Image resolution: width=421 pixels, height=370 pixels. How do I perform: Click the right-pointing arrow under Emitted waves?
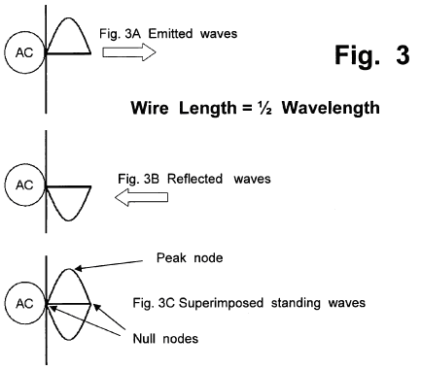[129, 52]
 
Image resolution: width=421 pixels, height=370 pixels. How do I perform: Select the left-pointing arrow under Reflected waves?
[141, 197]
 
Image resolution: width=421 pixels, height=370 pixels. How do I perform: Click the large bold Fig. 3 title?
[372, 55]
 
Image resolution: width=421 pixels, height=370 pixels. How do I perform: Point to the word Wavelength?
[331, 108]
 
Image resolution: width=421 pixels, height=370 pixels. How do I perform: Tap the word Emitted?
[170, 33]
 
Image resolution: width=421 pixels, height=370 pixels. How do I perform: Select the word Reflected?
[195, 179]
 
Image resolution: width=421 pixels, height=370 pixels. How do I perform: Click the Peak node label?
[190, 258]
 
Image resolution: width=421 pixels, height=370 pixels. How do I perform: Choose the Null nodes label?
[165, 339]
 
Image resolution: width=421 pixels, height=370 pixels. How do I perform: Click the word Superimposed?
[221, 303]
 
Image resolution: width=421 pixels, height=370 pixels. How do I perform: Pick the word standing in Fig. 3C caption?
[296, 303]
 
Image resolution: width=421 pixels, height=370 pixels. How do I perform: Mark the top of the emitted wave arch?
[68, 17]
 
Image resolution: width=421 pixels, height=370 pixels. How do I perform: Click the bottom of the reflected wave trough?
[68, 220]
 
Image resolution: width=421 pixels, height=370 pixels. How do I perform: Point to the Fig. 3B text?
[139, 179]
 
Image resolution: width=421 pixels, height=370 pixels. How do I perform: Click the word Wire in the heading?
[150, 108]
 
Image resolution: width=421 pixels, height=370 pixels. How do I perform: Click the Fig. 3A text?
[120, 33]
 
